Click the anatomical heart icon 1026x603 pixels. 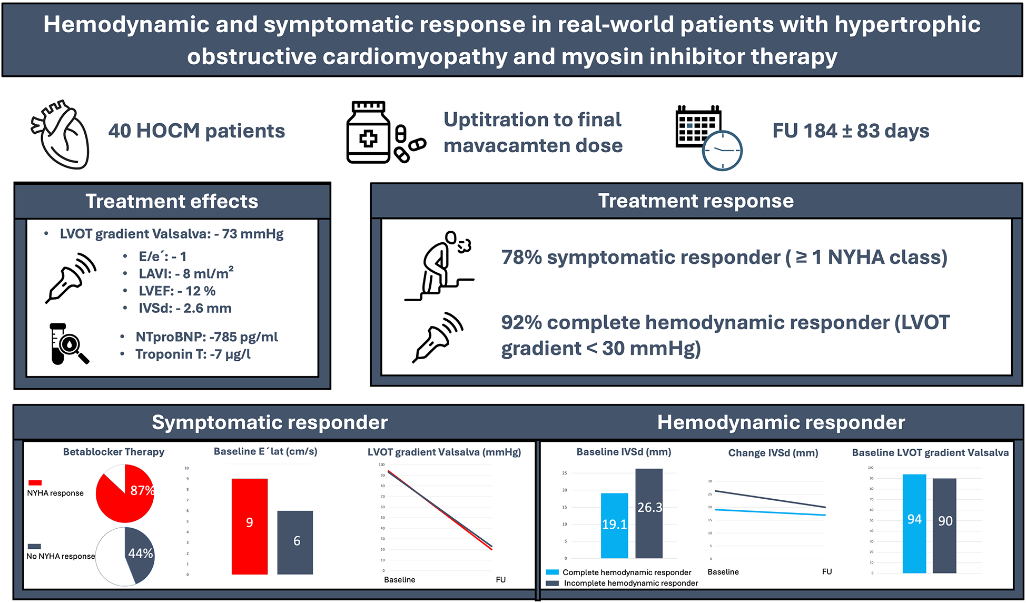coord(61,135)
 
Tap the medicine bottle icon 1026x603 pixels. coord(368,133)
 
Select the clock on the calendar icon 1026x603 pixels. coord(723,151)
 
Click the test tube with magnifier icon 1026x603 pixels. coord(67,344)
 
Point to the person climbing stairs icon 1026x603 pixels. coord(440,266)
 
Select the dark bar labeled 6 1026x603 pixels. coord(295,542)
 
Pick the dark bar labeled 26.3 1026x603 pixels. coord(649,513)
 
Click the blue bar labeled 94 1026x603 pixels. coord(914,523)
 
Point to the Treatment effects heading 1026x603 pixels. coord(172,201)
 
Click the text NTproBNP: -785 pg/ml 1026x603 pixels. coord(206,337)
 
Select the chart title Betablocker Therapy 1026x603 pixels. coord(114,452)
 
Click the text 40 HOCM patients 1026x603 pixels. coord(196,131)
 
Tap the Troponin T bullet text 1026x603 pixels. coord(193,354)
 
